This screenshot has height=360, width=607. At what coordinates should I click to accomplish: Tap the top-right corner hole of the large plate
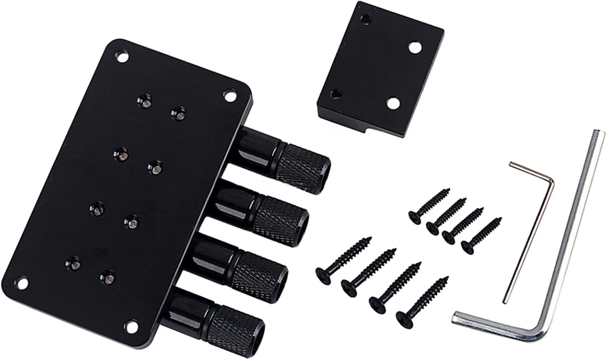230,96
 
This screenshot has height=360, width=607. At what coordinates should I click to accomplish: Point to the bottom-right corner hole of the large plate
130,324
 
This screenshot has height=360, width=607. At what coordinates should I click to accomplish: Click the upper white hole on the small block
414,47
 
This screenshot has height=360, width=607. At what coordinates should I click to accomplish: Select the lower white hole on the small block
392,103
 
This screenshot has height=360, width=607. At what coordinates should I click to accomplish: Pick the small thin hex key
530,231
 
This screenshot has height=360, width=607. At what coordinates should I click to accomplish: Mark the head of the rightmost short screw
468,246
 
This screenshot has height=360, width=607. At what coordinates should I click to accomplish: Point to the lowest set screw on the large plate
107,277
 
